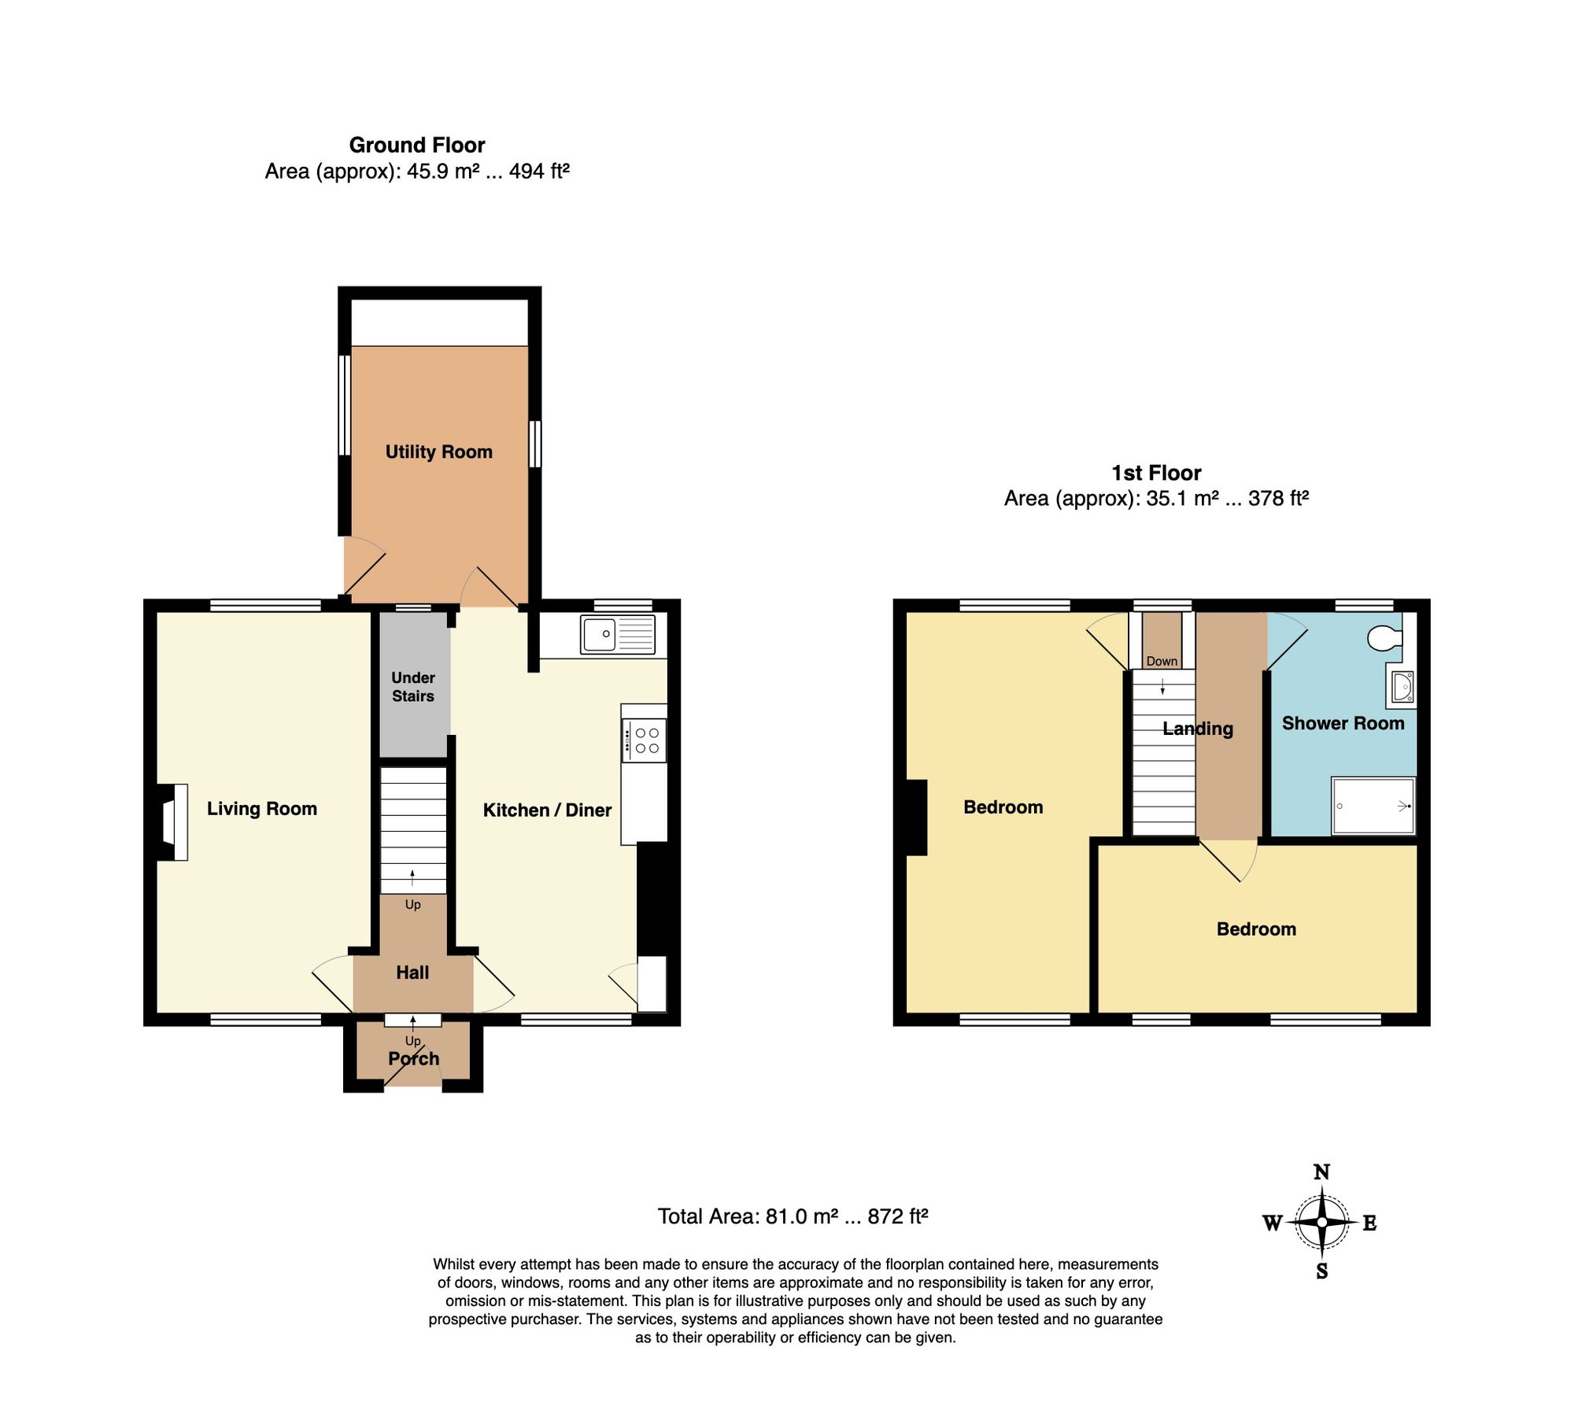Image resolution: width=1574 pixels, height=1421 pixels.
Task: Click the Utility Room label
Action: [x=438, y=452]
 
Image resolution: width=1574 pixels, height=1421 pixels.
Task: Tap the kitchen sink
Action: [x=618, y=634]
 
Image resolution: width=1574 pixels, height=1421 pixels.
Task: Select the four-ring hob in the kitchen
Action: [x=644, y=740]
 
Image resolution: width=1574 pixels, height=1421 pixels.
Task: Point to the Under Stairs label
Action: [x=413, y=687]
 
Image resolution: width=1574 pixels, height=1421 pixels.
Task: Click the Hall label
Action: [x=412, y=973]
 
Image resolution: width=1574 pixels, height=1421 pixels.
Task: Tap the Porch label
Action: [x=414, y=1058]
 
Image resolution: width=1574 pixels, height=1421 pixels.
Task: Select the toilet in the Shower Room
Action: [x=1385, y=638]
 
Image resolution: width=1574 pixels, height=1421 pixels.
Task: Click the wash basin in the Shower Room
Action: [x=1401, y=687]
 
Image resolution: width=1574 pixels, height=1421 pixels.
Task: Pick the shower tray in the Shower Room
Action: [x=1373, y=806]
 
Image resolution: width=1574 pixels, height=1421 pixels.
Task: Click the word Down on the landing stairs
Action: [x=1162, y=661]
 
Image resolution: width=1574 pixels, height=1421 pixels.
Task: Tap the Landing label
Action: [x=1198, y=729]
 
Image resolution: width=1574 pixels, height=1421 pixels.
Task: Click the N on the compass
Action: [x=1322, y=1172]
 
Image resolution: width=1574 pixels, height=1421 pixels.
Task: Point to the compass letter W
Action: [x=1273, y=1223]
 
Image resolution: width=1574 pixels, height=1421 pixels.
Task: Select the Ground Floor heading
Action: [x=417, y=145]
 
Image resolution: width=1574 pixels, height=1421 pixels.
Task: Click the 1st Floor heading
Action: [x=1156, y=473]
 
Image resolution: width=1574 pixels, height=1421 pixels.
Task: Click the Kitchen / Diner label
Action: [x=547, y=810]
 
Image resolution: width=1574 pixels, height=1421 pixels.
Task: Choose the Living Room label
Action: [x=262, y=809]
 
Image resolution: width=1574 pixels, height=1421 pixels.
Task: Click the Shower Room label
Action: [x=1343, y=723]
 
